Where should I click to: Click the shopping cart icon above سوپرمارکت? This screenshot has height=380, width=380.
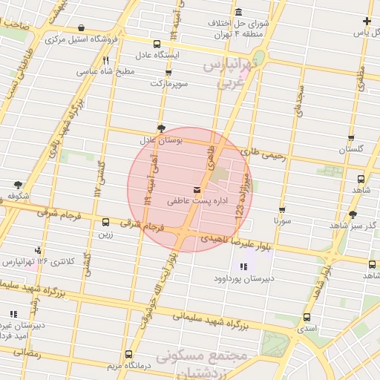(168, 73)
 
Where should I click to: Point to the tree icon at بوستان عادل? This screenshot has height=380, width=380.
(160, 128)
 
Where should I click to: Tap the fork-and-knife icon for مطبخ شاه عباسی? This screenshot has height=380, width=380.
(107, 61)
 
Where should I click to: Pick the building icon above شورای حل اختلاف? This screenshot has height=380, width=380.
(237, 13)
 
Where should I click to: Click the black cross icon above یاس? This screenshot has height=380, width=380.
(367, 21)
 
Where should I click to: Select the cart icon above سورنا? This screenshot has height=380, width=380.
(282, 209)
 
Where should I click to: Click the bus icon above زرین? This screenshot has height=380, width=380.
(105, 222)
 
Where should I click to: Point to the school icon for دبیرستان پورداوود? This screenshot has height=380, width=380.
(243, 267)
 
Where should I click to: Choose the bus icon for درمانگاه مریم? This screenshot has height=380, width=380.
(128, 354)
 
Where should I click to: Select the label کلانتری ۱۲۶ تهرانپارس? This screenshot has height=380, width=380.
(31, 261)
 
